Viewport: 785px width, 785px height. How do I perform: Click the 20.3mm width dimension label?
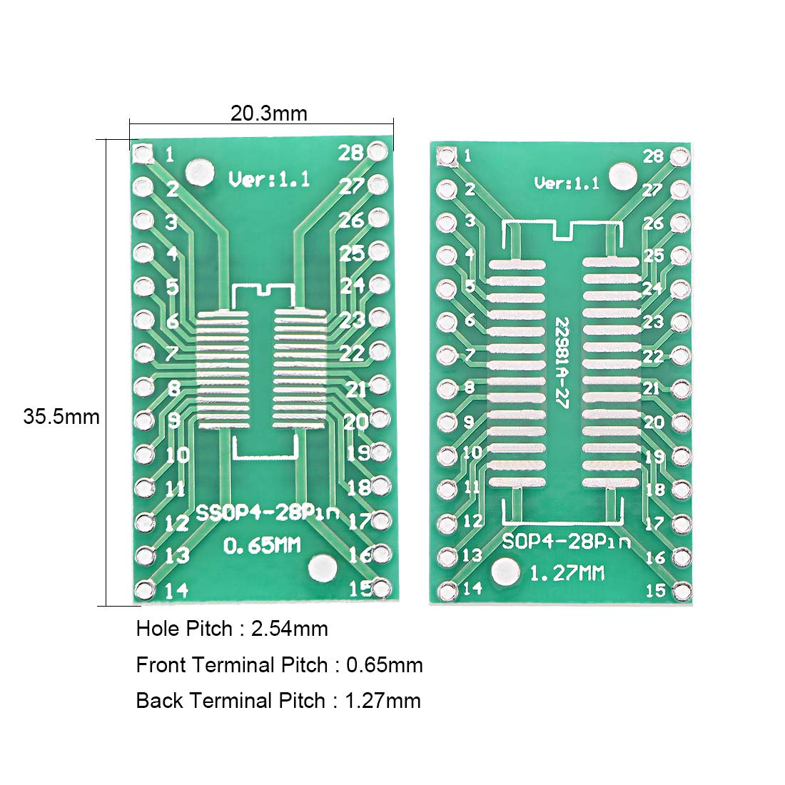268,113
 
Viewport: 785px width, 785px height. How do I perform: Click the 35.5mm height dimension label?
61,416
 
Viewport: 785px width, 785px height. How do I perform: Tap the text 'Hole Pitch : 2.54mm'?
232,629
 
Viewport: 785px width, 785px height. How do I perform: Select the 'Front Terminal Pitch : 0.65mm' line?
279,665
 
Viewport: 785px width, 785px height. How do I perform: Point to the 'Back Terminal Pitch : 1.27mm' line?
278,701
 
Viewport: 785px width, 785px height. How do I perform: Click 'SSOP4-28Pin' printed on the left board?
268,513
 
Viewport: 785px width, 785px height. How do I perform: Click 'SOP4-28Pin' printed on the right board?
566,541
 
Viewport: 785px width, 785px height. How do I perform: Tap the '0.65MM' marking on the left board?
263,547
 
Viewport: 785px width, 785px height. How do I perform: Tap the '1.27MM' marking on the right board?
566,572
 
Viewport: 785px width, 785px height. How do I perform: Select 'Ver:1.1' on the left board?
269,179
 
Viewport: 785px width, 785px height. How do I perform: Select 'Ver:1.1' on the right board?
567,183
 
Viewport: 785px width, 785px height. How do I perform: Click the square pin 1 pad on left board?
143,154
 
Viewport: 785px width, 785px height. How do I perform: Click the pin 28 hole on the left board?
379,151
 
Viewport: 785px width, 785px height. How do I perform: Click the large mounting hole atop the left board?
198,173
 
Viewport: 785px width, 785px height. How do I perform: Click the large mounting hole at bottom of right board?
506,571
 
